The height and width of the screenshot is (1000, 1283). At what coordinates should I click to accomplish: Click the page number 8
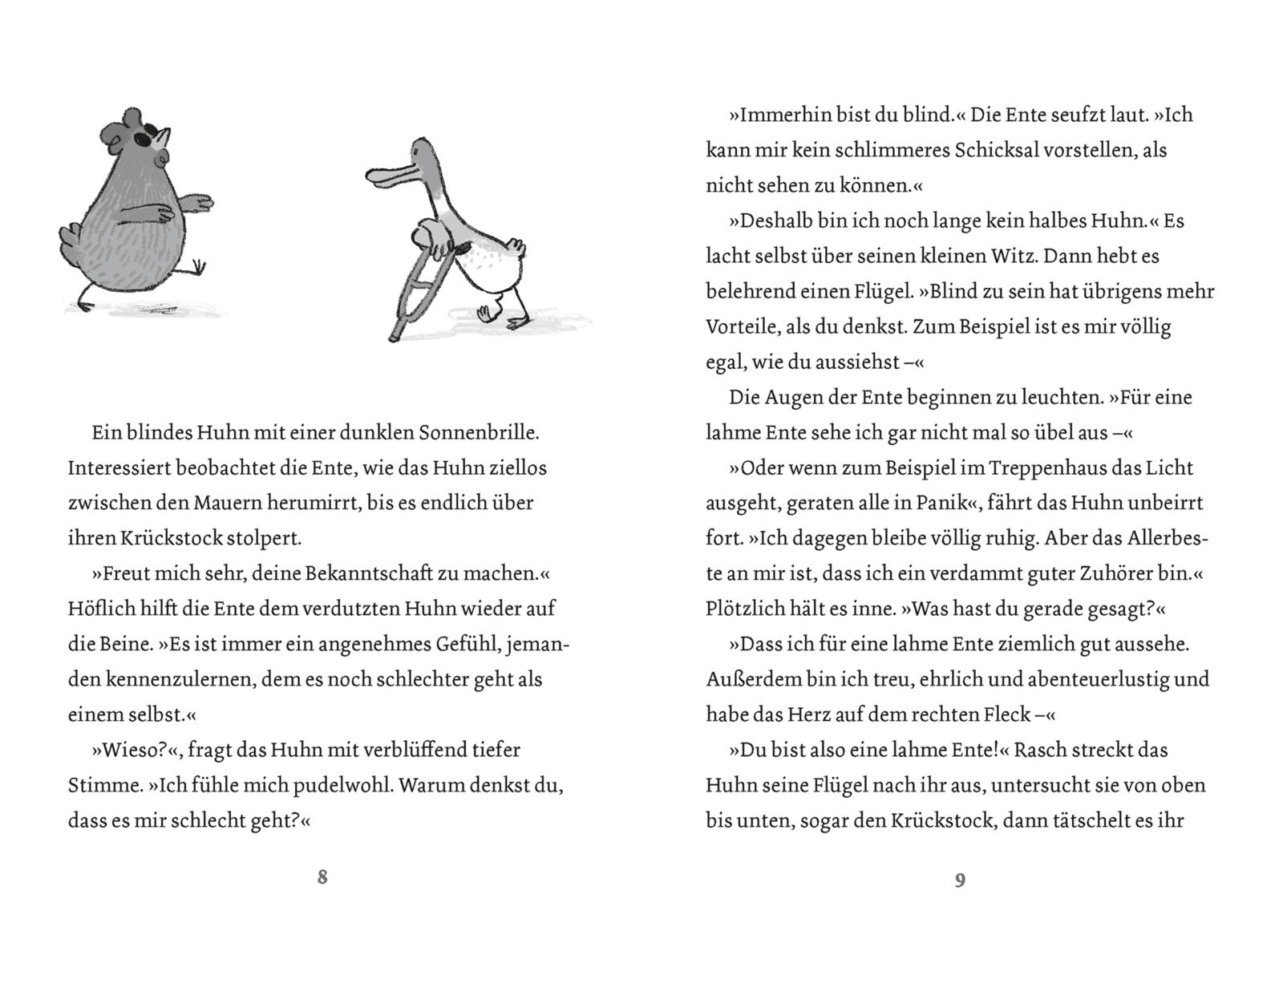(322, 877)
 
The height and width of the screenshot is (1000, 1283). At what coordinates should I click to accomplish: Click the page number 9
(960, 880)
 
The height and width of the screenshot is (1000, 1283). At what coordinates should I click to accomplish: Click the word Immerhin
(777, 115)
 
